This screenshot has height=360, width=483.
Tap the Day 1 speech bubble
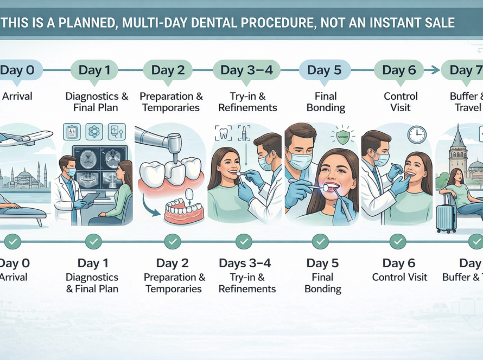point(94,70)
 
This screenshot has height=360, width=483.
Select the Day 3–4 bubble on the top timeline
point(246,70)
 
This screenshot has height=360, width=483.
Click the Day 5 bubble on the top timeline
point(324,70)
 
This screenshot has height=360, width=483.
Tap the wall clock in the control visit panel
point(417,134)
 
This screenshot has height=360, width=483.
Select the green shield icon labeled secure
point(343,136)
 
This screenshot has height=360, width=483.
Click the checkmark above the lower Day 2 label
point(173,241)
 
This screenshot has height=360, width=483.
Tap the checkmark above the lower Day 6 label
point(398,241)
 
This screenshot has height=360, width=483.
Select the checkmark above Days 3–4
point(244,241)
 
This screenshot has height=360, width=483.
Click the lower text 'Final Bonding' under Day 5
point(322,283)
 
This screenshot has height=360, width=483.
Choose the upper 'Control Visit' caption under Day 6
point(401,102)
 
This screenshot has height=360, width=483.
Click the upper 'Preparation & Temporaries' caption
point(171,102)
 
